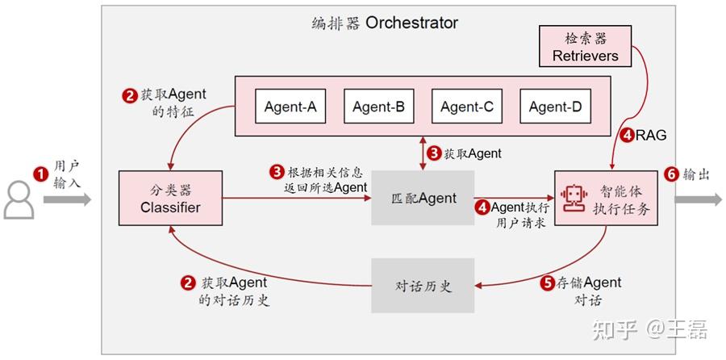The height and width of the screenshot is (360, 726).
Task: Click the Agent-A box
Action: (290, 107)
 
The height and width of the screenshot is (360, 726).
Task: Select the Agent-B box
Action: (378, 107)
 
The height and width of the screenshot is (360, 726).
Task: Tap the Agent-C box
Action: (466, 107)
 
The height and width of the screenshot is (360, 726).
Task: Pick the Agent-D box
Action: (554, 107)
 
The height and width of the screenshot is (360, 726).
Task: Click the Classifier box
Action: (169, 199)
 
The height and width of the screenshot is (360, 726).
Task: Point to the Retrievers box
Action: (586, 47)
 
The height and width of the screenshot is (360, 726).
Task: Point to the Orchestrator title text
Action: (384, 22)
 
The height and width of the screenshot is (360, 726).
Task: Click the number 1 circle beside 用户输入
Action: (38, 174)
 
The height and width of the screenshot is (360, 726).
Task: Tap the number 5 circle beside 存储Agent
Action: (548, 283)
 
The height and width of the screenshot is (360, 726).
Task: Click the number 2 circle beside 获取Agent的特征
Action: (129, 95)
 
